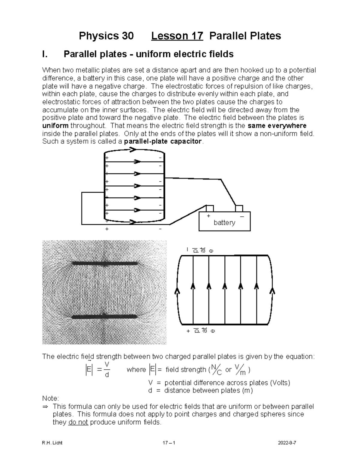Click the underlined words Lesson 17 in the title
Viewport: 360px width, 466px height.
coord(177,36)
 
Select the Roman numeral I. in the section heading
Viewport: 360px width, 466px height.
coord(45,54)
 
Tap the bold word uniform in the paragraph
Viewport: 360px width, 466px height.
coord(55,125)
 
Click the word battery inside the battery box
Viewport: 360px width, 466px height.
coord(224,223)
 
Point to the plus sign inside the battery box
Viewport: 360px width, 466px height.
coord(208,216)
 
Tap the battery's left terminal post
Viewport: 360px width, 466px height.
coord(210,208)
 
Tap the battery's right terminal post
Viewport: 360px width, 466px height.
coord(239,208)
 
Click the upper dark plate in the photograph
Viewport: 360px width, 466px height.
coord(105,263)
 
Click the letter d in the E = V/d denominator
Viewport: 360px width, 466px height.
coord(107,375)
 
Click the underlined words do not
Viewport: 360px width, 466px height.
coord(78,422)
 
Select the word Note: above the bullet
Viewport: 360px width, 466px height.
coord(51,398)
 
